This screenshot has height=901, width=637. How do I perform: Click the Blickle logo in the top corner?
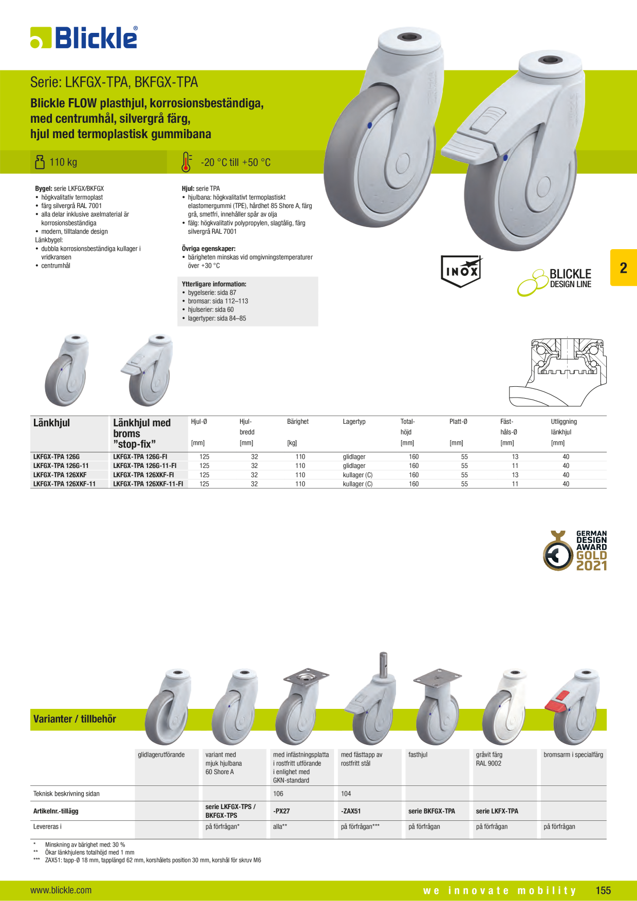[x=84, y=37]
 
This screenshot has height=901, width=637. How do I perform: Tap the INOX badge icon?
[x=461, y=271]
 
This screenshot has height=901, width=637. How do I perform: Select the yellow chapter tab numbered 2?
[x=623, y=268]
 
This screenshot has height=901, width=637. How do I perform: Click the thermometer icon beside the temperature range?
[x=186, y=162]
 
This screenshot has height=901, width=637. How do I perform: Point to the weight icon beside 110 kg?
[x=40, y=162]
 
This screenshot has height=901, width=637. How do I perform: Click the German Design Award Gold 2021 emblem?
[x=575, y=551]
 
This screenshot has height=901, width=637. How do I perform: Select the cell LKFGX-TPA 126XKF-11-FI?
[x=148, y=484]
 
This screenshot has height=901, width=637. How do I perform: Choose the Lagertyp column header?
[x=354, y=422]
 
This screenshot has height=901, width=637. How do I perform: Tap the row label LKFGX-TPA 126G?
[x=57, y=457]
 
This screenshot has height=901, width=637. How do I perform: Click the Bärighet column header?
[x=298, y=422]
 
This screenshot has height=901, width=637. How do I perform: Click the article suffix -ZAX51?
[x=351, y=811]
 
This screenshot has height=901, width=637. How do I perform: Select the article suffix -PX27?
[x=282, y=811]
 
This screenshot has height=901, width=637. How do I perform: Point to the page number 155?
[x=603, y=891]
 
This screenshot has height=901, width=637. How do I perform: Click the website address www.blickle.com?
[x=61, y=890]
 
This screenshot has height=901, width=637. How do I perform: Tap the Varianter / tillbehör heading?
[x=74, y=719]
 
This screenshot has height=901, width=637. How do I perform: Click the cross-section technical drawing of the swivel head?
[x=558, y=372]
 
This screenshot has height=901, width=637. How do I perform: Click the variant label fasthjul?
[x=418, y=755]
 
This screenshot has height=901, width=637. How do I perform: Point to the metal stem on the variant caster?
[x=383, y=664]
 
